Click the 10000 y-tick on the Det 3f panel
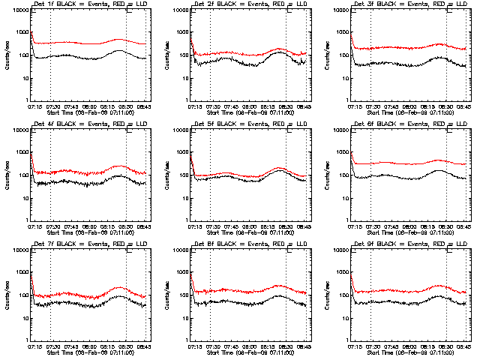click(338, 10)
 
